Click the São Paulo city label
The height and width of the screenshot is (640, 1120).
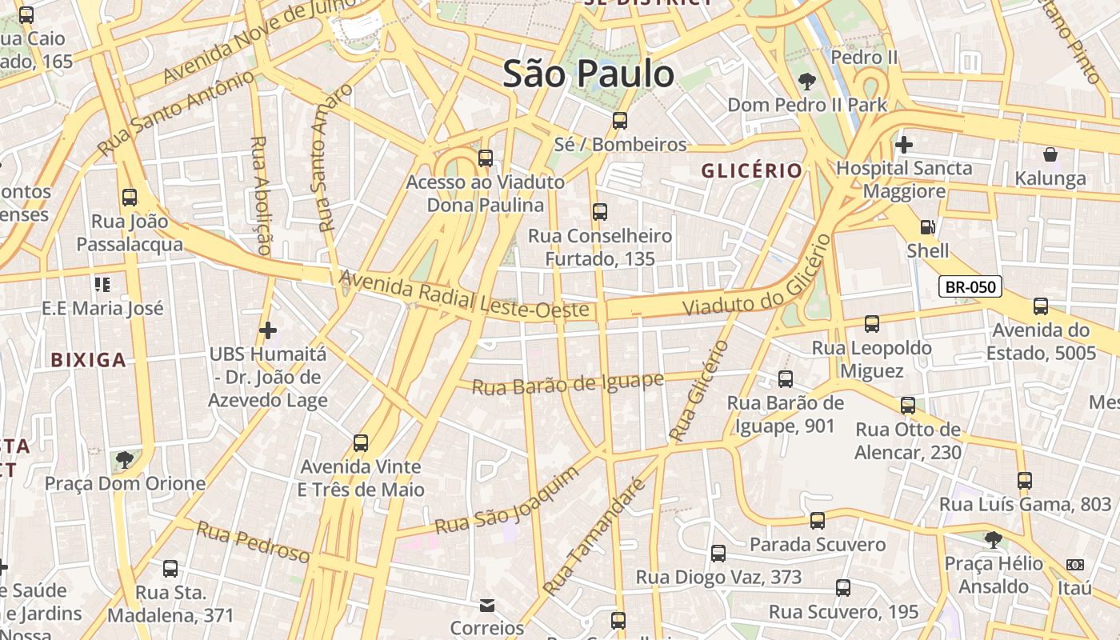tap(588, 74)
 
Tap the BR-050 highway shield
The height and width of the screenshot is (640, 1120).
tap(970, 286)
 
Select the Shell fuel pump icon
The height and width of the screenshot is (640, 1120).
tap(927, 227)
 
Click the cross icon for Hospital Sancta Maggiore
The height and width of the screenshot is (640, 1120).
tap(904, 145)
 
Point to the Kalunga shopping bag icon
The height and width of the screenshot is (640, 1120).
tap(1050, 154)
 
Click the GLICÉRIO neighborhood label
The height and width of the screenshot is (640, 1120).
tap(751, 170)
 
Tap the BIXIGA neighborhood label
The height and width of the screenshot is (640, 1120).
tap(88, 360)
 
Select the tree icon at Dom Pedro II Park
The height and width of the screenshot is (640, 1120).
tap(806, 81)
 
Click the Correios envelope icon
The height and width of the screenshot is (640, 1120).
tap(486, 605)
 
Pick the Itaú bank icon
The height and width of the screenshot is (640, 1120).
tap(1074, 565)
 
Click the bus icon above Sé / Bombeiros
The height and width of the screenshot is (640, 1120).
tap(619, 121)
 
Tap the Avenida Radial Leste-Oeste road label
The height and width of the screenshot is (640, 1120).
tap(464, 296)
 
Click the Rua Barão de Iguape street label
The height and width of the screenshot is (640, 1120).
tap(567, 383)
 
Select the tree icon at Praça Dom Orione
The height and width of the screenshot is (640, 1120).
tap(124, 459)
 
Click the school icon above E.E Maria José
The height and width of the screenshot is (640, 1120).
tap(102, 284)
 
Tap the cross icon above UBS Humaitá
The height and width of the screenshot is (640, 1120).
tap(268, 330)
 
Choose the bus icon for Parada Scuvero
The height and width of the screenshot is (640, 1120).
tap(817, 521)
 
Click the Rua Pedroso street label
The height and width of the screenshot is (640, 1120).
tap(253, 541)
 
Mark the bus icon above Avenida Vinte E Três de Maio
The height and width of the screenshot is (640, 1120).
tap(361, 442)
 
